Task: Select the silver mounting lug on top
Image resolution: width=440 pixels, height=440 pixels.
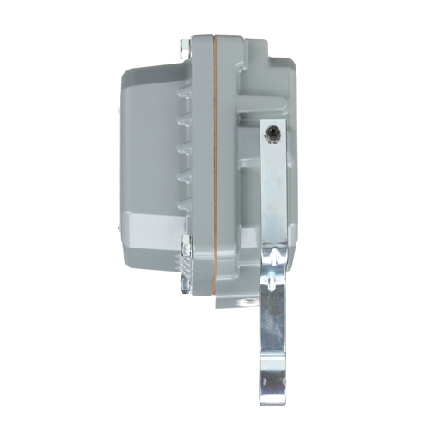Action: [187, 48]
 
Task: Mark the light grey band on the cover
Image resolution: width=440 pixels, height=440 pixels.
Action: [155, 228]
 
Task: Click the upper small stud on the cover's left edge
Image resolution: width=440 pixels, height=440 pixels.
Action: [117, 111]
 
